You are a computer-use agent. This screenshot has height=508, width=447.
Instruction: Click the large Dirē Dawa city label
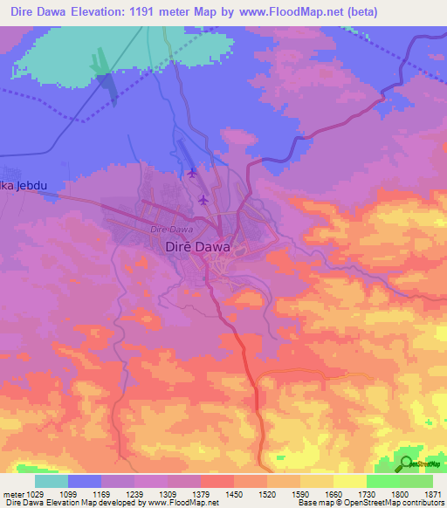click(197, 247)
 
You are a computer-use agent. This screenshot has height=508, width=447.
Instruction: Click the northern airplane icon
click(192, 173)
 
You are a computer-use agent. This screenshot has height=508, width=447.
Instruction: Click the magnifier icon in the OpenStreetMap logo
click(406, 464)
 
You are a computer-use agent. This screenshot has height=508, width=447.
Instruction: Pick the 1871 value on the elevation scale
click(433, 495)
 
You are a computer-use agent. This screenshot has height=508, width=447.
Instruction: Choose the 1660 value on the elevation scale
click(333, 495)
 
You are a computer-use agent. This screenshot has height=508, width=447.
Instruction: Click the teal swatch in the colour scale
click(52, 481)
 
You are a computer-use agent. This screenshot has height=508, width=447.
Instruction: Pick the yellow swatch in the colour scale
click(349, 481)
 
